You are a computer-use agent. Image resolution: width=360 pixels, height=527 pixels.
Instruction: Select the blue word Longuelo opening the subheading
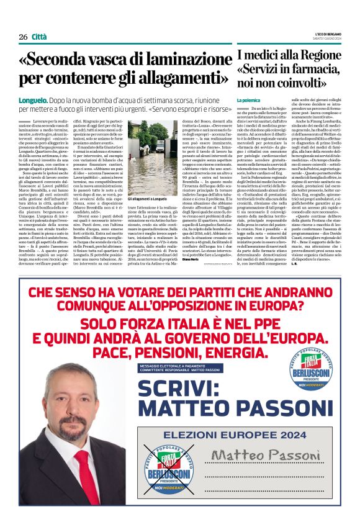(34, 100)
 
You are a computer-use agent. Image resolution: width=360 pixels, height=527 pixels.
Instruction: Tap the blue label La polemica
(248, 100)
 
